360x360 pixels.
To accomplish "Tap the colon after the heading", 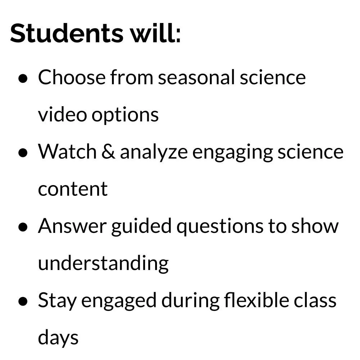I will [x=178, y=35].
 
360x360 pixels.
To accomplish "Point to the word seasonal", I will [x=196, y=77].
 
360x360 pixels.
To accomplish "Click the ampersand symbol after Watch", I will [x=108, y=152].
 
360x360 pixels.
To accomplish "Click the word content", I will [x=73, y=189].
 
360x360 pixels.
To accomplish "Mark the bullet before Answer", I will [x=23, y=227].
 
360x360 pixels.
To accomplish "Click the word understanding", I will [x=103, y=264].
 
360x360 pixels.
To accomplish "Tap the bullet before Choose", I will [x=23, y=78].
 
